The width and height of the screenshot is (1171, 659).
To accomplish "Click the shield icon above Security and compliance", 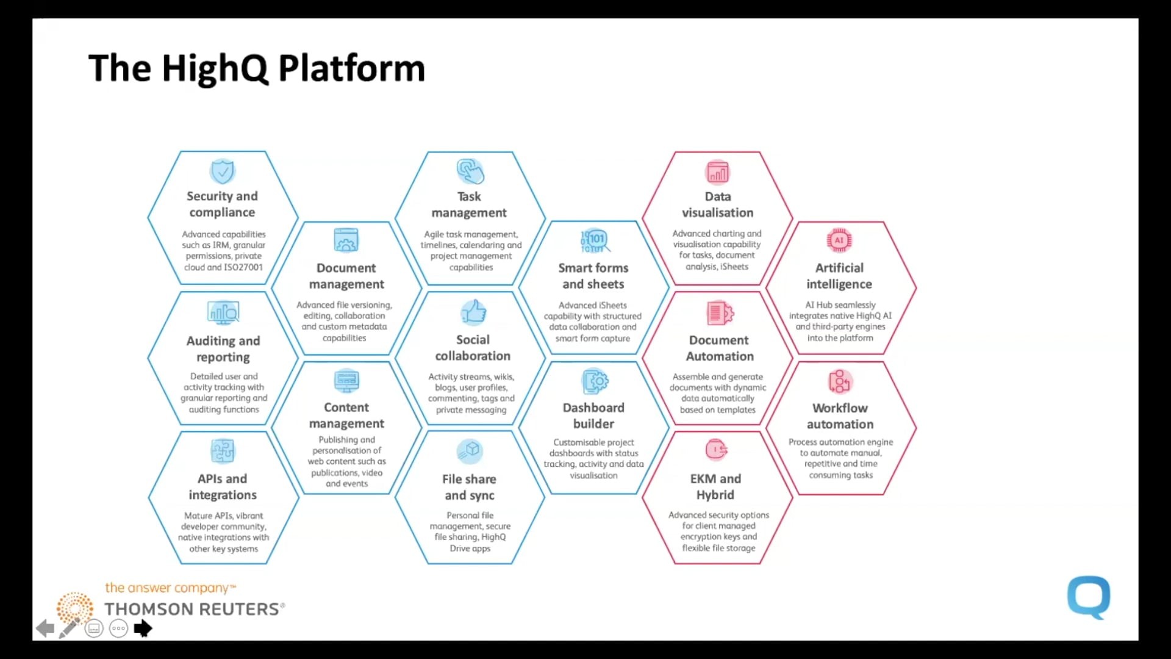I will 223,171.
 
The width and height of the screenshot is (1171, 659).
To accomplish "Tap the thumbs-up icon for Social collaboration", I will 473,312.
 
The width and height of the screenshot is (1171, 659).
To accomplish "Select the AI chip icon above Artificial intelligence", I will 839,240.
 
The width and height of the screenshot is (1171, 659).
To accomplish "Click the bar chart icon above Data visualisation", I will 717,173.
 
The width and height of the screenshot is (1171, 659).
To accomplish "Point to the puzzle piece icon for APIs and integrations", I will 223,452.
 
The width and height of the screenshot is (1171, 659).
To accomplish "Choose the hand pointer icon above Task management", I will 470,171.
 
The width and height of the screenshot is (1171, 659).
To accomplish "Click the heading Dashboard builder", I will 593,416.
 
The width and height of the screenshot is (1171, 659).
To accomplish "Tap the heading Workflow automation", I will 840,416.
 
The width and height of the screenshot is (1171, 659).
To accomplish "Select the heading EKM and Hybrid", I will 715,487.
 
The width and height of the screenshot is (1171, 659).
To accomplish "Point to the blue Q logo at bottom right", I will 1089,597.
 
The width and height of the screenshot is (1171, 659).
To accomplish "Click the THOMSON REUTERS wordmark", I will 193,609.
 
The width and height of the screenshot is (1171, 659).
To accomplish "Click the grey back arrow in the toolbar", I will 45,628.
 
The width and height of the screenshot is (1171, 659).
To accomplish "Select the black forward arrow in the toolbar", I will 143,628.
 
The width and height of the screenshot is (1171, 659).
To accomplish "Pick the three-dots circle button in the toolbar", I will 118,628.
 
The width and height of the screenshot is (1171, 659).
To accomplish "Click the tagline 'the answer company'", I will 167,588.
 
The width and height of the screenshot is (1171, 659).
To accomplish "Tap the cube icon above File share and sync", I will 470,451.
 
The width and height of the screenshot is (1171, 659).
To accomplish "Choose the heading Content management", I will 346,415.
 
